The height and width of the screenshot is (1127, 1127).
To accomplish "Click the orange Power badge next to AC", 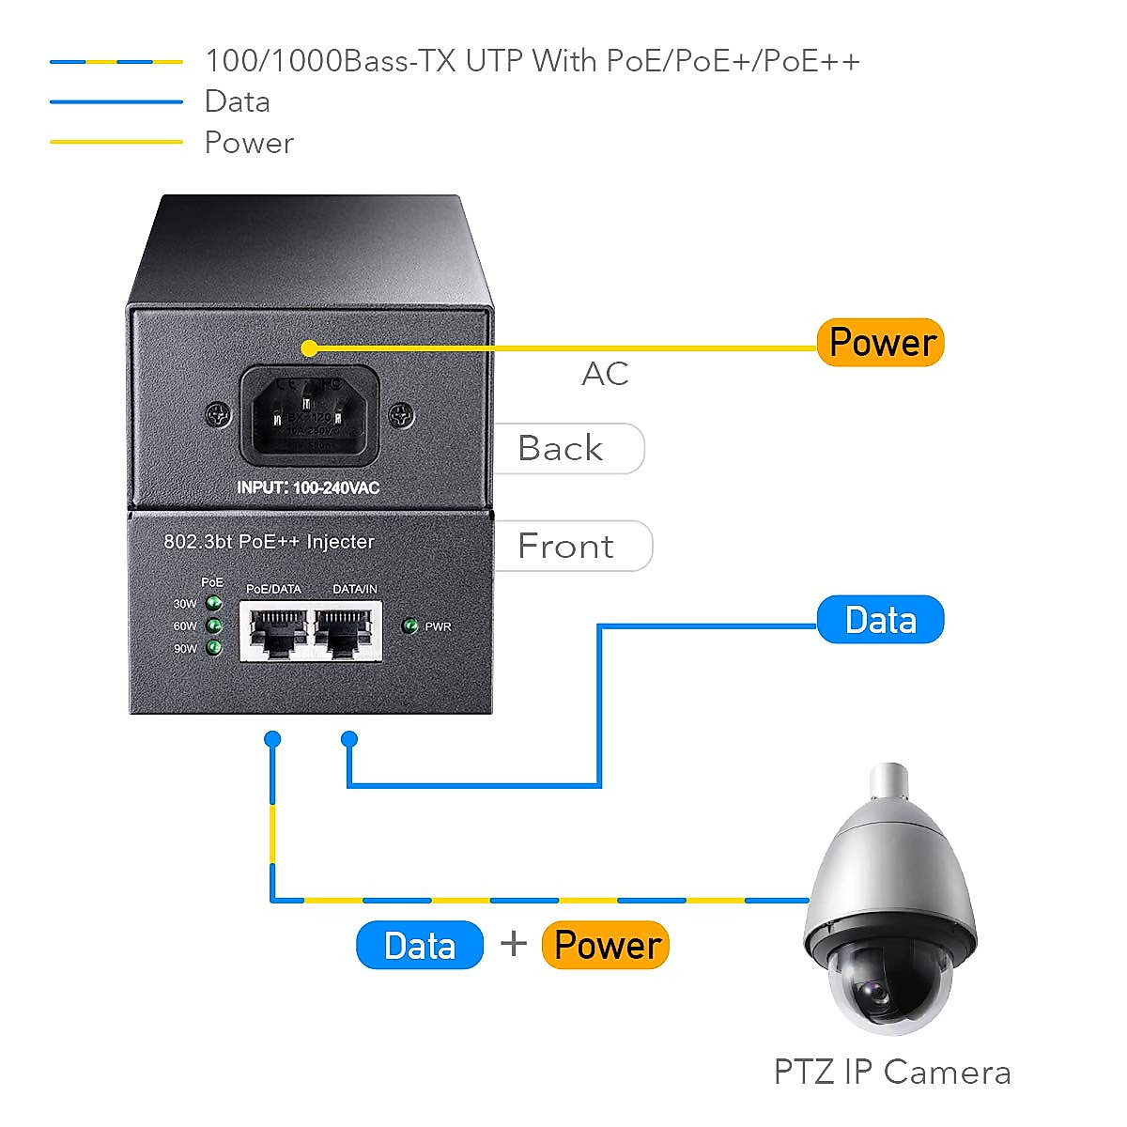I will click(880, 343).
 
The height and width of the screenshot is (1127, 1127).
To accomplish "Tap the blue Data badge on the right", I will click(880, 620).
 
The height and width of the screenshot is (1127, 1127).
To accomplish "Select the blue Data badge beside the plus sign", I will click(420, 945).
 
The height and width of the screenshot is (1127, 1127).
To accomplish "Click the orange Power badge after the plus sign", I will click(606, 945).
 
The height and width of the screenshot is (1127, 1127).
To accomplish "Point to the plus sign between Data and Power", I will click(514, 943).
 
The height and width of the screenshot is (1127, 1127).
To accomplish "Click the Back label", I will click(562, 449).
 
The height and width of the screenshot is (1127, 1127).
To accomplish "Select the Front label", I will click(566, 547).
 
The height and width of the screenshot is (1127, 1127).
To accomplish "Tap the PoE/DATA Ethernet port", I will click(274, 631).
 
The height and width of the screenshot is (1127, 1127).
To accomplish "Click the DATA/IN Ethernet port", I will click(348, 631).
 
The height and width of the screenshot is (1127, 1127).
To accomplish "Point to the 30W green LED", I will click(214, 603).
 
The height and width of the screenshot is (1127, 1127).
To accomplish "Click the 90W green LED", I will click(214, 648).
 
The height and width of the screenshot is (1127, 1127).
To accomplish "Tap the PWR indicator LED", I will click(409, 625).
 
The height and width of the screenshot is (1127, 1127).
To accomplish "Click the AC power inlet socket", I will click(310, 415).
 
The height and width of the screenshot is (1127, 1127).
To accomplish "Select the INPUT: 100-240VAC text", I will click(308, 488).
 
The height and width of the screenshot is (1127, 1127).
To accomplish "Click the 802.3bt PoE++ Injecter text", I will click(269, 542).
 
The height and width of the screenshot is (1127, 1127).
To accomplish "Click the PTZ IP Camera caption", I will click(892, 1073).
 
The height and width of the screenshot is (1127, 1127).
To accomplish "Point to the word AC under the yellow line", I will click(605, 374).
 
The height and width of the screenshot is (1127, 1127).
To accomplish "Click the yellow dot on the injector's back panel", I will click(309, 348).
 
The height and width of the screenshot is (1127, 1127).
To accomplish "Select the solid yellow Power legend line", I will click(116, 142).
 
